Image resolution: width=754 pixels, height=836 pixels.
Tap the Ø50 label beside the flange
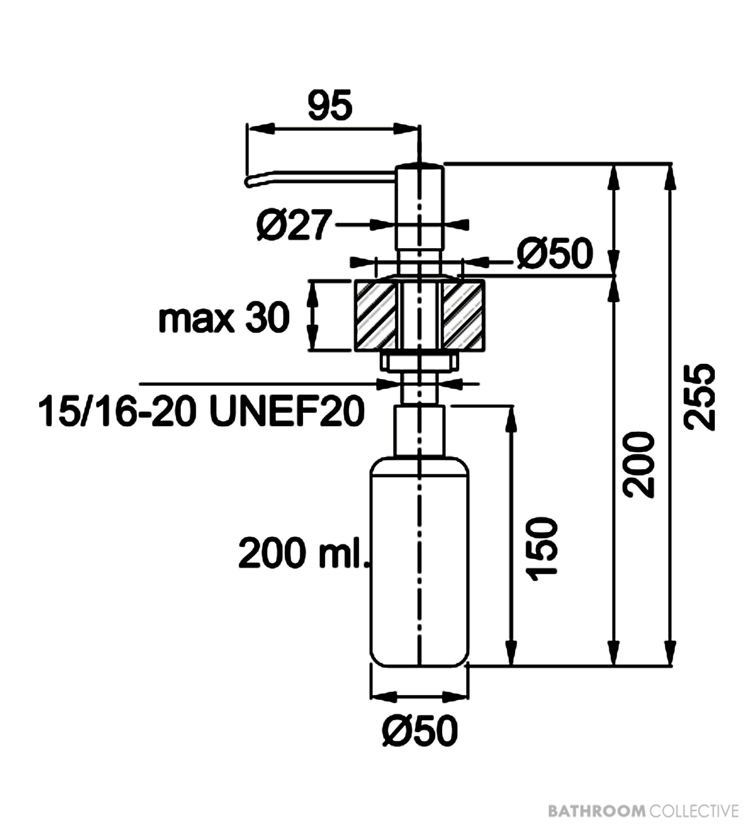click(x=555, y=253)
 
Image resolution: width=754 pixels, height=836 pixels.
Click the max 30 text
click(x=224, y=318)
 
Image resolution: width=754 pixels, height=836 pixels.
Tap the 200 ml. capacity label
click(x=304, y=554)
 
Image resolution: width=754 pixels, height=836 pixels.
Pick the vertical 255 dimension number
click(x=699, y=397)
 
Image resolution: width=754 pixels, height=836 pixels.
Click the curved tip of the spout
click(x=249, y=182)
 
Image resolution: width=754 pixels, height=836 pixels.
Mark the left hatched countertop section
click(x=375, y=316)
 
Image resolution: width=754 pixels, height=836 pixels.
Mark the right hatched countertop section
click(x=464, y=316)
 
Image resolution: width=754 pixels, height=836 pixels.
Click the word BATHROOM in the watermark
click(x=597, y=809)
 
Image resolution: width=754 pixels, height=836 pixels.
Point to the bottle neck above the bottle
click(x=420, y=432)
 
